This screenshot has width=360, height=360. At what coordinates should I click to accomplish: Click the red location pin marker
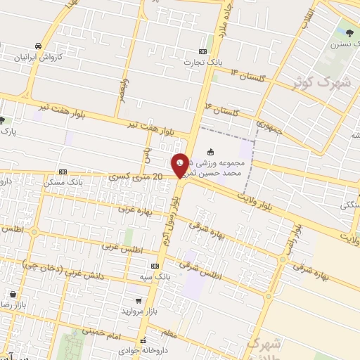(x=181, y=166)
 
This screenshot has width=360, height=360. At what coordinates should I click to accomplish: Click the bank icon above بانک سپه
(x=155, y=266)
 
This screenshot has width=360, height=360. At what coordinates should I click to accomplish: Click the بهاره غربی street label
(x=134, y=209)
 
